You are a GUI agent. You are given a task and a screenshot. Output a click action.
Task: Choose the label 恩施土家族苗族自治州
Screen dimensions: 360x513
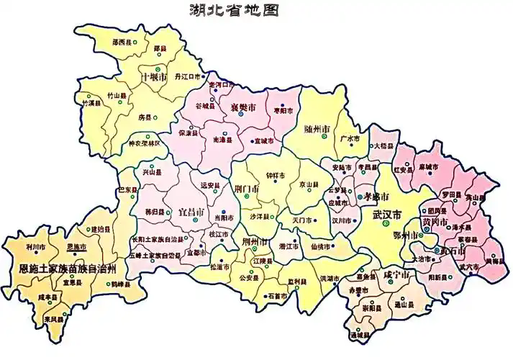pyautogui.click(x=67, y=268)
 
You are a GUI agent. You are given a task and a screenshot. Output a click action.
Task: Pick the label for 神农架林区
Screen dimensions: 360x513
pyautogui.click(x=147, y=143)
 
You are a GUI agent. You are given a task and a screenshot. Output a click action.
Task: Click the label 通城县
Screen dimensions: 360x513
pyautogui.click(x=360, y=336)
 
